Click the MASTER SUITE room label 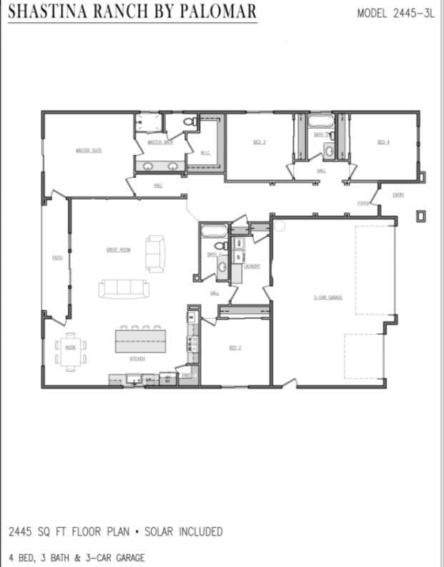tap(89, 150)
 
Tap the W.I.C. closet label tap(205, 152)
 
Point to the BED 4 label tap(383, 142)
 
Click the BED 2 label tap(235, 348)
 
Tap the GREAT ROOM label tap(117, 250)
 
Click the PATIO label tap(56, 258)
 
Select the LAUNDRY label tap(252, 266)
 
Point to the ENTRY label tap(398, 194)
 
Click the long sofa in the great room tap(124, 288)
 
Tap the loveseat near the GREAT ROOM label tap(155, 254)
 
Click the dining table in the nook tap(71, 347)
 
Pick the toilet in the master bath tap(190, 124)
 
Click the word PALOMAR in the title tap(214, 12)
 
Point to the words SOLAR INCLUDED tap(183, 531)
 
